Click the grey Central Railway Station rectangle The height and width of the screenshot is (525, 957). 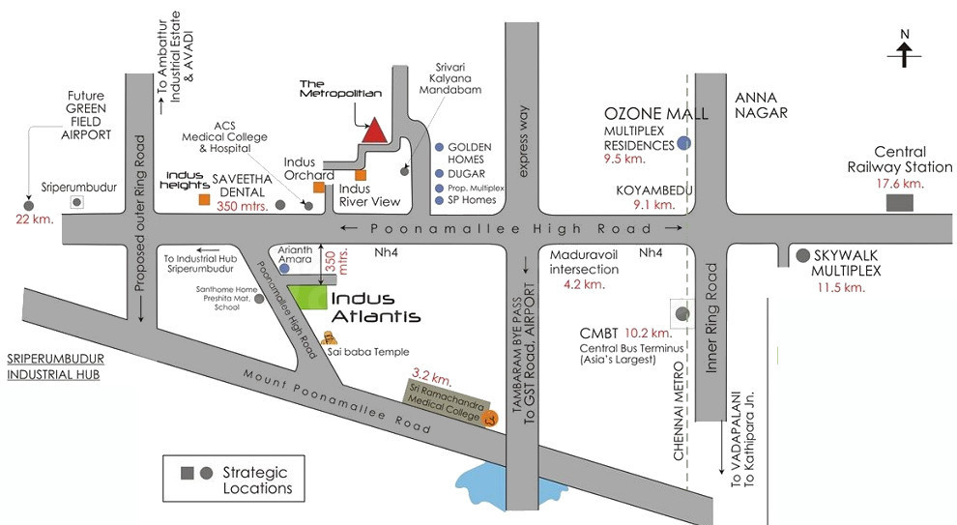(900, 202)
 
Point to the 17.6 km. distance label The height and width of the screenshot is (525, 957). (899, 184)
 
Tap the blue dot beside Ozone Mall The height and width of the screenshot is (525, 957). (683, 143)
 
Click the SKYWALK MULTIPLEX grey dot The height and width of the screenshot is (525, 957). (802, 256)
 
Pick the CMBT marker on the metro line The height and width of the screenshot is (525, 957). (683, 313)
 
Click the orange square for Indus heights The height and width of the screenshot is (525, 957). (204, 199)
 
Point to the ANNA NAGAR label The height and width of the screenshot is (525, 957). (762, 104)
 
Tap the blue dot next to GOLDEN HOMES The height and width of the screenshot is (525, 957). (440, 147)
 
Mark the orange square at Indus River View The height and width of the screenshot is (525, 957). (361, 175)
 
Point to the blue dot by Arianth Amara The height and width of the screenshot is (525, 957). (284, 268)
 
